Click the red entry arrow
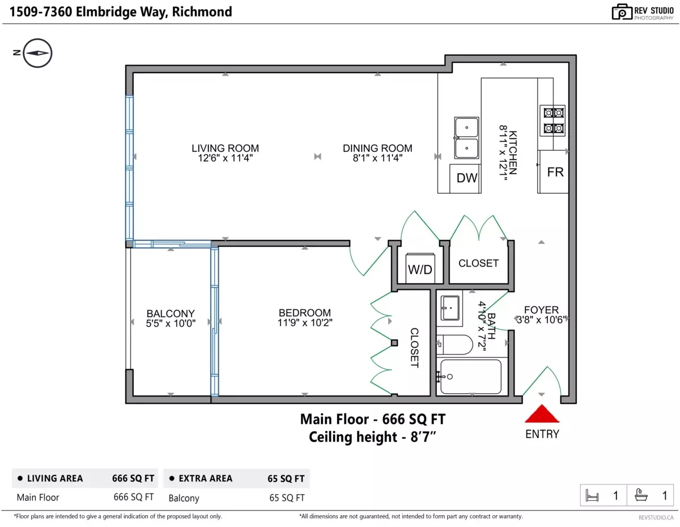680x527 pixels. coord(541,414)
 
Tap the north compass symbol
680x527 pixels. coord(37,53)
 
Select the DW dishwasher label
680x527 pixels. coord(466,178)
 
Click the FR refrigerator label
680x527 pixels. coord(555,172)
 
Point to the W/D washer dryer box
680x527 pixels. coord(420,268)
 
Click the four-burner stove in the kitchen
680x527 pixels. coord(552,121)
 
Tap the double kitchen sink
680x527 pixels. coord(466,138)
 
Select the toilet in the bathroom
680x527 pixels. coord(454,344)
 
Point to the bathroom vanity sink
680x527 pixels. coord(450,308)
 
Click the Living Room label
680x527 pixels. coord(225,148)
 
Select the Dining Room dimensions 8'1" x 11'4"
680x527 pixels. coord(377,158)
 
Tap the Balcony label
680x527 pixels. coord(171,313)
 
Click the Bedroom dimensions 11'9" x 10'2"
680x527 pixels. coord(305,322)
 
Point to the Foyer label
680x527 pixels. coord(541,310)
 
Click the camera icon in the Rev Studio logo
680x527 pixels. coord(622,12)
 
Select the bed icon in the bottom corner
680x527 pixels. coord(592,496)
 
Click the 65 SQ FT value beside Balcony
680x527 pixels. coord(287,498)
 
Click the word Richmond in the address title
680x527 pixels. coord(202,12)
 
